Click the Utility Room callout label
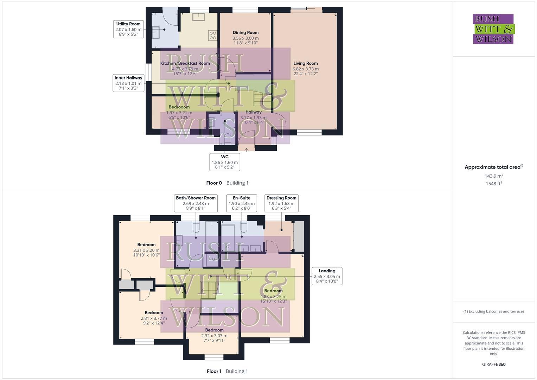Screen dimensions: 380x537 coord(128,29)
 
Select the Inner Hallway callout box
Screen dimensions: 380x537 coord(128,83)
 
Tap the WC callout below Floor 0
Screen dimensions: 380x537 coord(225,162)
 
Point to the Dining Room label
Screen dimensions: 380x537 coord(245,33)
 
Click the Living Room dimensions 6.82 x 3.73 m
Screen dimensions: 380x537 coord(306,69)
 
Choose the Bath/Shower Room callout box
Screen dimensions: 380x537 coord(196,203)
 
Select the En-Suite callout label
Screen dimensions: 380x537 coord(242,198)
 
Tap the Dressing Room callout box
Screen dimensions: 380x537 coord(281,203)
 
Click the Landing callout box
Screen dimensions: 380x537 coord(327,276)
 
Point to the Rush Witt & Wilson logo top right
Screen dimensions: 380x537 coord(493,29)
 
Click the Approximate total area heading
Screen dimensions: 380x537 coord(493,167)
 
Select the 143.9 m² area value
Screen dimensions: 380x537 coord(494,176)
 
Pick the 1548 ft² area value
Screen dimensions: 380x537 coord(494,184)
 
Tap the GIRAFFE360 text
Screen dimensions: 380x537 coord(494,365)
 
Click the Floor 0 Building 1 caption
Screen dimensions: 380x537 coord(227,183)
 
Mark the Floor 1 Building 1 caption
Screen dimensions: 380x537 coord(227,371)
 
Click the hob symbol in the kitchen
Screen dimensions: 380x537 coord(213,36)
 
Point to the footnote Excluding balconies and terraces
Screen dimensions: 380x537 coord(494,311)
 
